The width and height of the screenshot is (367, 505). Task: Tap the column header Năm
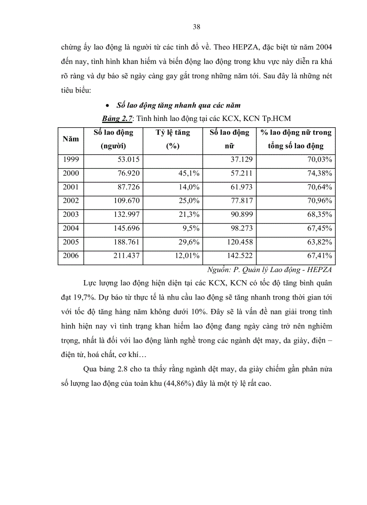(71, 139)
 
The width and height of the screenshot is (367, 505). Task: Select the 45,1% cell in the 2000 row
(190, 173)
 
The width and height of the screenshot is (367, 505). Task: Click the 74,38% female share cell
(319, 173)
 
